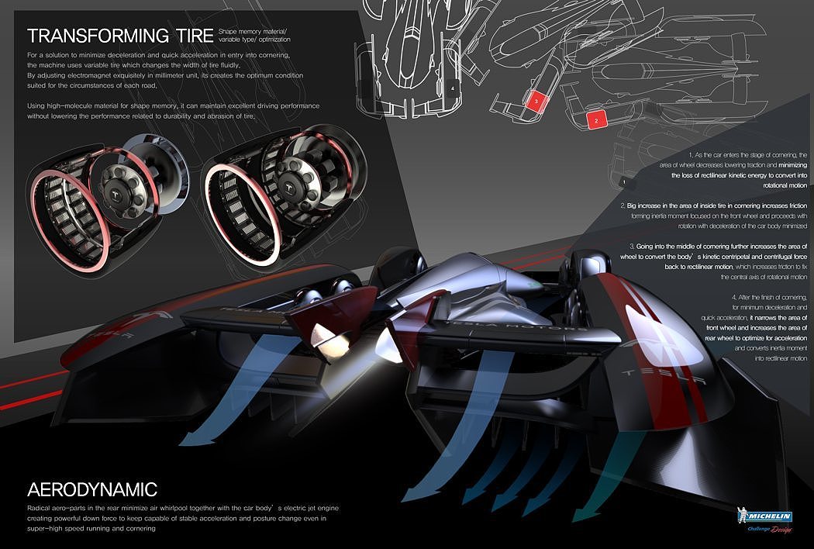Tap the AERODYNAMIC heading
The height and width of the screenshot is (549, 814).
(x=92, y=490)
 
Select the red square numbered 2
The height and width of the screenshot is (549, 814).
(x=596, y=120)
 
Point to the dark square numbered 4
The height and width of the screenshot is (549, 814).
(x=452, y=88)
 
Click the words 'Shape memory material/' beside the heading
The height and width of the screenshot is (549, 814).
(x=252, y=29)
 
